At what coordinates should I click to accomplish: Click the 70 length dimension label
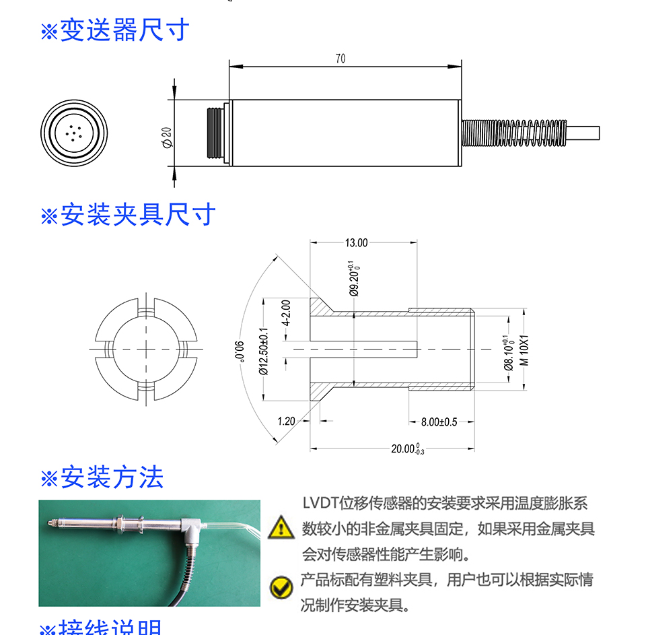[x=340, y=59]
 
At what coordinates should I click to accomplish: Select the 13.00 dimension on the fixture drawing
[x=356, y=243]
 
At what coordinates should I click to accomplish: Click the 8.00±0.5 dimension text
[x=439, y=422]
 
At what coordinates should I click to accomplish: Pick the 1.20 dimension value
[x=286, y=422]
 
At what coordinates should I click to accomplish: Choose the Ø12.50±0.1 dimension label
[x=264, y=350]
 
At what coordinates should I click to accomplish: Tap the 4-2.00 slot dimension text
[x=285, y=312]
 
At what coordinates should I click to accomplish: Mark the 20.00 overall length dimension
[x=408, y=449]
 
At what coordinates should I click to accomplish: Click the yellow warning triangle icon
[x=281, y=528]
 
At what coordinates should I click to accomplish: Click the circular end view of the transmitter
[x=74, y=132]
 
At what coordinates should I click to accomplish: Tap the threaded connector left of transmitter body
[x=215, y=133]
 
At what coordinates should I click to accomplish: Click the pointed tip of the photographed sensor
[x=48, y=523]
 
